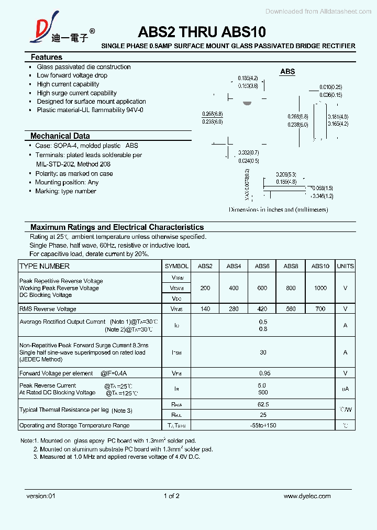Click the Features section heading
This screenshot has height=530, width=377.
point(46,57)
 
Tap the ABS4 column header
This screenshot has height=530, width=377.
point(234,266)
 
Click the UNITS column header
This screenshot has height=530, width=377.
point(345,266)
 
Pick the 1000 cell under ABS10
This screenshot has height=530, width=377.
point(320,288)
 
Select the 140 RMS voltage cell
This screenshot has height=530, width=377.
point(205,309)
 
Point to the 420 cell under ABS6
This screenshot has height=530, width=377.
point(262,309)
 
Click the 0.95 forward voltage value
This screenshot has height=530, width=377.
point(263,373)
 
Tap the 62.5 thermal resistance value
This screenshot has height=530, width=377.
point(263,404)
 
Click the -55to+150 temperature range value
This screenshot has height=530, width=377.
point(263,425)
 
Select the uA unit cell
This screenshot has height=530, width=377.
point(345,389)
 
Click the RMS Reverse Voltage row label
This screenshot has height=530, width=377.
point(48,309)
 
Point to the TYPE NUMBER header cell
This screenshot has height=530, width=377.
point(45,266)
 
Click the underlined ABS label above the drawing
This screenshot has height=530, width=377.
point(287,72)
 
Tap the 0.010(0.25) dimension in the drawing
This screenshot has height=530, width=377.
point(330,87)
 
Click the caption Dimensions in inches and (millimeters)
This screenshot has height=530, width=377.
point(278,209)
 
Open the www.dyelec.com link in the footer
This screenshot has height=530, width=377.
point(307,496)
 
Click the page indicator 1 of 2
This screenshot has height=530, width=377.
point(172,496)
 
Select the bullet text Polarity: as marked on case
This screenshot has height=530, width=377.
point(74,173)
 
